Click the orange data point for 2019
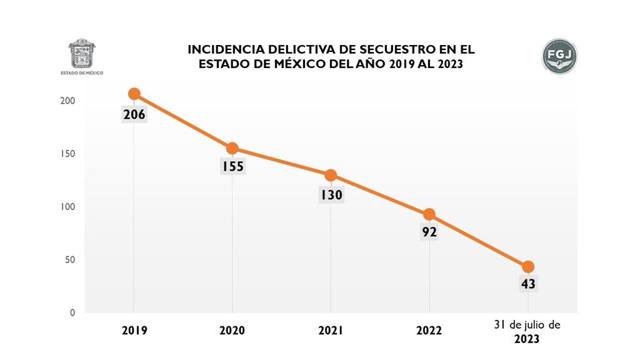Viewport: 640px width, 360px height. pyautogui.click(x=134, y=94)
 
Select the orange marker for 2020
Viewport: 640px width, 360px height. pyautogui.click(x=232, y=148)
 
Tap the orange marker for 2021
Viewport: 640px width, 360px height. pyautogui.click(x=331, y=176)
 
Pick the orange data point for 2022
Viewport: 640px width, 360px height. pyautogui.click(x=429, y=214)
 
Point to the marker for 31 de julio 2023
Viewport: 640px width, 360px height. pyautogui.click(x=527, y=267)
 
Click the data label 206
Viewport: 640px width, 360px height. pyautogui.click(x=134, y=114)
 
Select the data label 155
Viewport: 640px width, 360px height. pyautogui.click(x=232, y=167)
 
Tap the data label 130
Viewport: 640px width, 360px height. pyautogui.click(x=331, y=195)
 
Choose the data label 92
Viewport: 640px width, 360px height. pyautogui.click(x=429, y=232)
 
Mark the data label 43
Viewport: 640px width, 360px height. pyautogui.click(x=527, y=284)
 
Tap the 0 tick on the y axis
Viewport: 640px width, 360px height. pyautogui.click(x=72, y=312)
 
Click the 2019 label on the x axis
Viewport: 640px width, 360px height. pyautogui.click(x=134, y=331)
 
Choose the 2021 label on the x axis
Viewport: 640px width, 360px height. pyautogui.click(x=331, y=331)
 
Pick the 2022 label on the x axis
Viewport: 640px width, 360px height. pyautogui.click(x=429, y=331)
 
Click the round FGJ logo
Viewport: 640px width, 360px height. pyautogui.click(x=559, y=56)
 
